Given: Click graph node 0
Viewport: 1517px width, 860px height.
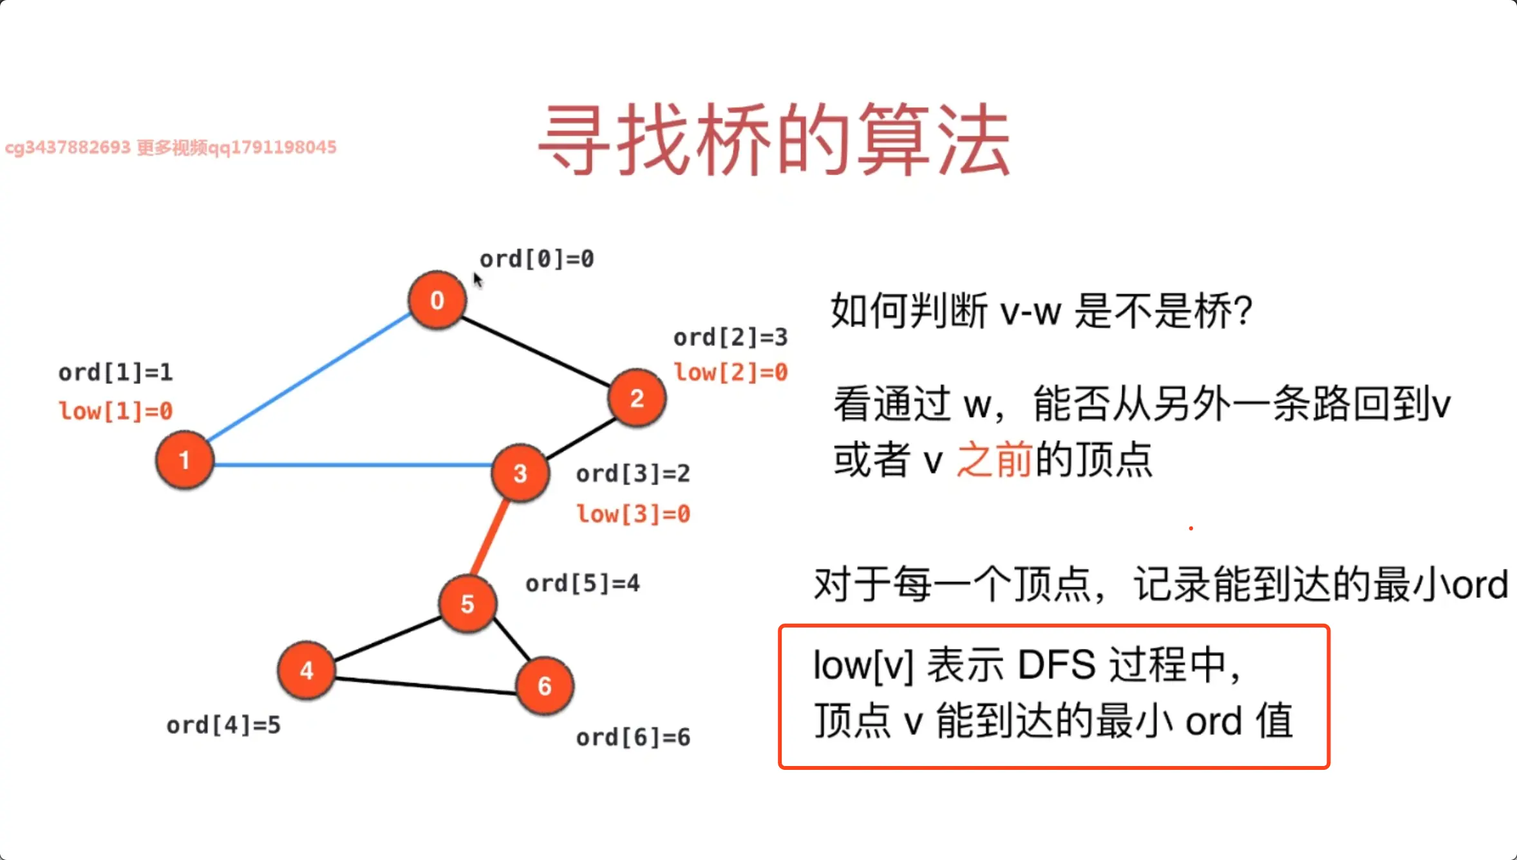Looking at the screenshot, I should point(437,300).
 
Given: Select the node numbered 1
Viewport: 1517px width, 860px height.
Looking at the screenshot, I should point(184,460).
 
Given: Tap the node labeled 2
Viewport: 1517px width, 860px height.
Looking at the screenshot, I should point(637,398).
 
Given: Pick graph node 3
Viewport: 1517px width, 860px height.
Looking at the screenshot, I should point(520,473).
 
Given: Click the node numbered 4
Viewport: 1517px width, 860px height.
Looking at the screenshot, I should point(306,670).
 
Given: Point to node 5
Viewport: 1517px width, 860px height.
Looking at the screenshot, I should point(467,604).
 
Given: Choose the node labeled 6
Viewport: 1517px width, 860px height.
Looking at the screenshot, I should point(545,686).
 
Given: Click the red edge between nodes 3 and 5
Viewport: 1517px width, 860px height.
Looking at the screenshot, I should point(491,537).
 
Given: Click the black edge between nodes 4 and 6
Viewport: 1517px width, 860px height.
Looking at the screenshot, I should point(425,686).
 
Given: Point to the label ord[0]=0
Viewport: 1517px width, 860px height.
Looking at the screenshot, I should point(536,259).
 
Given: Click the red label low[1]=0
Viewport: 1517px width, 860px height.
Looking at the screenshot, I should point(116,411).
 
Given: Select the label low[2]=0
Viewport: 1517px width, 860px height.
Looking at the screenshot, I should point(731,372).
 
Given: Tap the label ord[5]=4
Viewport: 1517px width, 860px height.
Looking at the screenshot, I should point(582,584).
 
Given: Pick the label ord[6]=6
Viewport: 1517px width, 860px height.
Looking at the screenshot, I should point(633,738).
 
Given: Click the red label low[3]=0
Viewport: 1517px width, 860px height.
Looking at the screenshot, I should point(633,514).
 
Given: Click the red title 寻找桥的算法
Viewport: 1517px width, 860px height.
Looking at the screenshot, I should point(774,140).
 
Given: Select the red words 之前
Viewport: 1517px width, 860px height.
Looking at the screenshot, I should point(994,460).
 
